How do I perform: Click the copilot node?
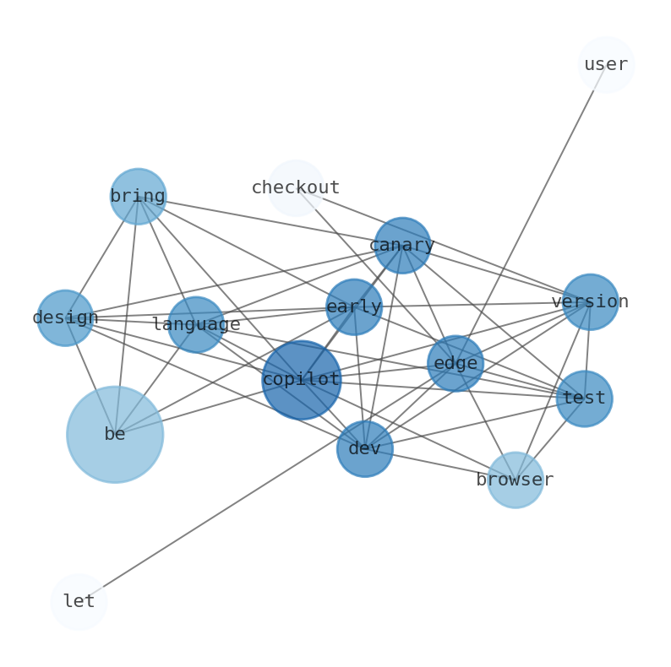[301, 380]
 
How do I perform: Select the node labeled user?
[606, 65]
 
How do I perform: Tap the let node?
[79, 602]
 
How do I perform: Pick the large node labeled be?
[115, 434]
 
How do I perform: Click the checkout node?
[296, 187]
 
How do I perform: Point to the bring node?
[138, 197]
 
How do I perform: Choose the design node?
[65, 317]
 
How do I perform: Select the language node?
[196, 324]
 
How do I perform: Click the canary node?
[402, 246]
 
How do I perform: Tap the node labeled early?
[354, 307]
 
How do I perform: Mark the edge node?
[456, 364]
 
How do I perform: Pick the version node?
[590, 301]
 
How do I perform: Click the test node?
[584, 399]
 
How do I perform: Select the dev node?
[365, 449]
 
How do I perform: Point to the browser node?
[515, 480]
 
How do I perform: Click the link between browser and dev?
[439, 464]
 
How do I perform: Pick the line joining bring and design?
[101, 257]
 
